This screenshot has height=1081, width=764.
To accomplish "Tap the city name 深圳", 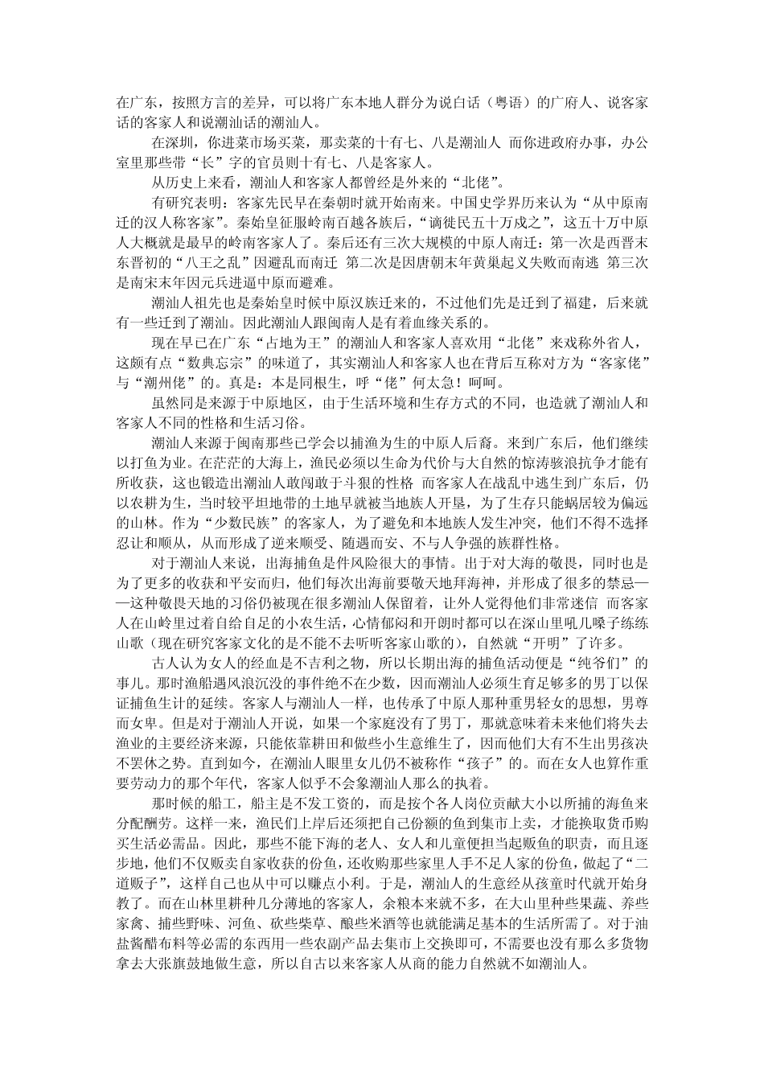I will [176, 141].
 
